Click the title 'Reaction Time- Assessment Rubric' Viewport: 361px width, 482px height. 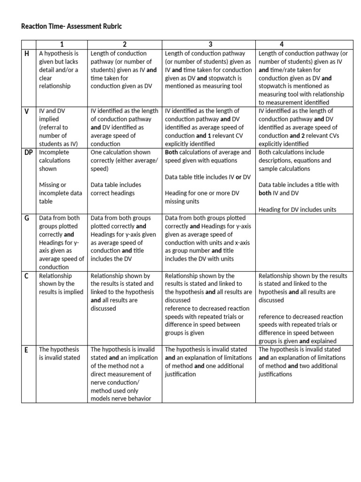click(71, 26)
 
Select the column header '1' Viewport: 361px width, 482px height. click(62, 44)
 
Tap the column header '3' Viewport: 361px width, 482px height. click(210, 44)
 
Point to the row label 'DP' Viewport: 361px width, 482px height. click(29, 153)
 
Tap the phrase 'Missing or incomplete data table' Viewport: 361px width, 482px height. click(60, 193)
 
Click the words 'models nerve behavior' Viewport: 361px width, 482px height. click(120, 399)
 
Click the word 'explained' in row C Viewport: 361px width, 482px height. click(324, 341)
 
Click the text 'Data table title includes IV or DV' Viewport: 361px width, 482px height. click(208, 177)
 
